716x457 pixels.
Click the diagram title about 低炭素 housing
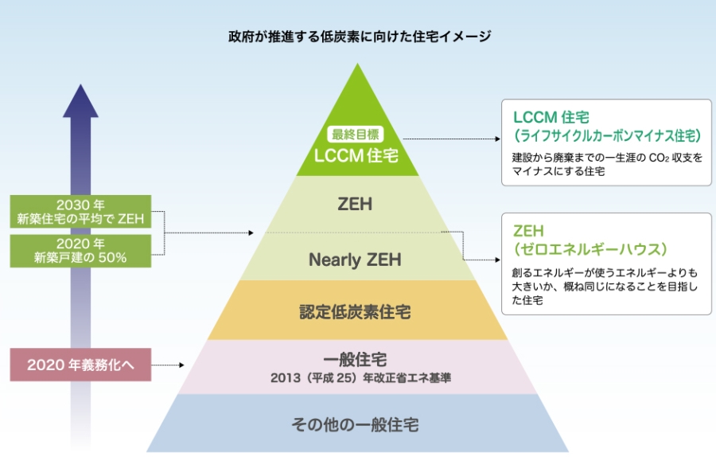pos(360,36)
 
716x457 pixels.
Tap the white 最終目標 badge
pos(356,135)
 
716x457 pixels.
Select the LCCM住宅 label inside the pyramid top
pos(356,155)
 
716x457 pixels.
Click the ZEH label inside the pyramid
pos(355,204)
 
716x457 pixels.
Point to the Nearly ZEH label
pos(355,260)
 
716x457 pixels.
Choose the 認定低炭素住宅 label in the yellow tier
pos(355,312)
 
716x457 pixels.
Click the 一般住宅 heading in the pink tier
pos(355,360)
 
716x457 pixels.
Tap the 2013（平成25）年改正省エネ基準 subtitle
pos(360,378)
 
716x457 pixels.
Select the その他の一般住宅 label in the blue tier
pos(355,425)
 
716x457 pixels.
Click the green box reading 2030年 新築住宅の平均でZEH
pos(80,212)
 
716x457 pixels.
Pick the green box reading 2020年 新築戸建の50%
pos(80,251)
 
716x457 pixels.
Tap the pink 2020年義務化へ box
pos(80,365)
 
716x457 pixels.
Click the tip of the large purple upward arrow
pos(80,84)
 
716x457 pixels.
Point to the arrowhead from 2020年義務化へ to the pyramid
pos(181,365)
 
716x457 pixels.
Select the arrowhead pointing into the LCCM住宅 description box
pos(498,139)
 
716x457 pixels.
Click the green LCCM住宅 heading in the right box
pos(551,118)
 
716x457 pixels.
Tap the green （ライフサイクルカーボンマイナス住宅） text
pos(607,135)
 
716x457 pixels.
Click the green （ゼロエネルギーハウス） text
pos(590,249)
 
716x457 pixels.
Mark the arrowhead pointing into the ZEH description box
pos(498,260)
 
